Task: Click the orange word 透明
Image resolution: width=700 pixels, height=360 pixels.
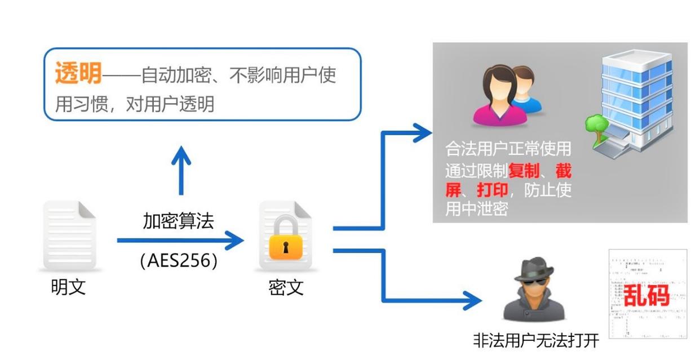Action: (x=78, y=74)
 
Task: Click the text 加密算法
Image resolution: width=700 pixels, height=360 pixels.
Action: (x=178, y=221)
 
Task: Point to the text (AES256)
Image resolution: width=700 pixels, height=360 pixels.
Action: (x=178, y=260)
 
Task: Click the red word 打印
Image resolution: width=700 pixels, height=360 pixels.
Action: (x=493, y=190)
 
